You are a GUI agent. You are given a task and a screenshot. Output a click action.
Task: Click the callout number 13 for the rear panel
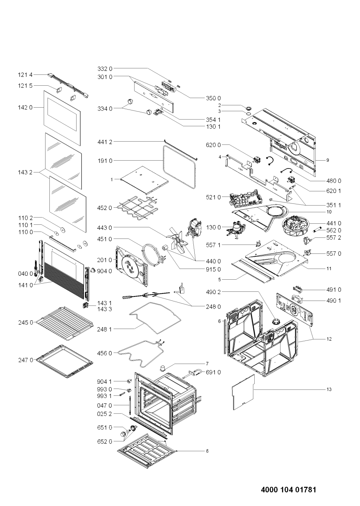point(329,390)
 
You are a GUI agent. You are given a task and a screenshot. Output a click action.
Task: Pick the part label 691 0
point(213,372)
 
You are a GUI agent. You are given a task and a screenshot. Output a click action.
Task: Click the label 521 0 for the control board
point(214,197)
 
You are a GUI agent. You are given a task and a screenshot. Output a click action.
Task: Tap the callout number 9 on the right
point(327,160)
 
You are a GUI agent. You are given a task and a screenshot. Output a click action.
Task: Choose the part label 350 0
point(213,98)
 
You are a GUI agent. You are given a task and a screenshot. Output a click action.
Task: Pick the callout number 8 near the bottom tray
point(207,451)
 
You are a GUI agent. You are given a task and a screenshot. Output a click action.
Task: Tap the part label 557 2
point(333,237)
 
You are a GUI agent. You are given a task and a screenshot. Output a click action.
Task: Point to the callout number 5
point(220,280)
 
